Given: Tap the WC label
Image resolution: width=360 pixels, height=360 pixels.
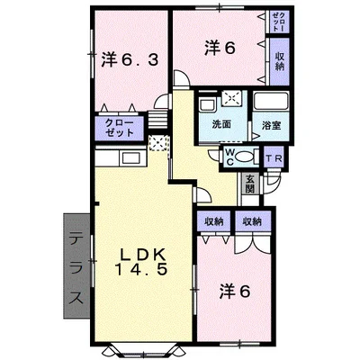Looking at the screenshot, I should point(229,158).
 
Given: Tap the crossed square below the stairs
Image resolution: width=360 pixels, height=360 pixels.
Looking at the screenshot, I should point(158,143).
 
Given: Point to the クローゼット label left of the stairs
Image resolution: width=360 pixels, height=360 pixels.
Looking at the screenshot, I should point(120,127).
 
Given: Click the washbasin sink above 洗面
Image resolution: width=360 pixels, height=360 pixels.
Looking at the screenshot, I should point(212,101).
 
